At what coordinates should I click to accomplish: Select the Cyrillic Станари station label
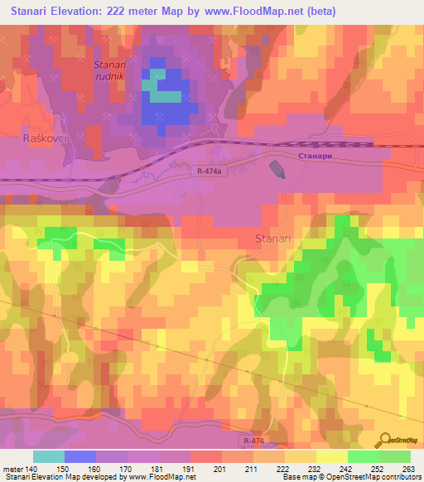point(318,155)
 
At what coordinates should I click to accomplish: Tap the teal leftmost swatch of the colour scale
point(49,456)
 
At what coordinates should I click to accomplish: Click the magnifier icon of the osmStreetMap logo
point(387,440)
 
